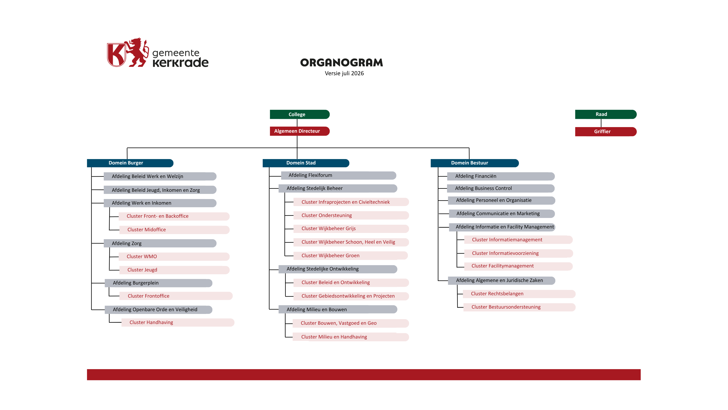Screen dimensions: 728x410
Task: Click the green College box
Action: click(x=300, y=114)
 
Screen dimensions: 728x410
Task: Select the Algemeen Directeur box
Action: click(x=300, y=131)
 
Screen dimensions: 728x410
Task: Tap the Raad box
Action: click(x=606, y=114)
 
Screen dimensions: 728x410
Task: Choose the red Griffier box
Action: click(x=606, y=132)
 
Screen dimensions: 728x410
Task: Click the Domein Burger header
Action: click(x=130, y=163)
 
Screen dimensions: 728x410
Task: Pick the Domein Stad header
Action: click(x=306, y=163)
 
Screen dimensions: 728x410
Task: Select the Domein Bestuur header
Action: click(x=475, y=163)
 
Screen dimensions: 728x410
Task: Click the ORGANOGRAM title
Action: click(x=341, y=63)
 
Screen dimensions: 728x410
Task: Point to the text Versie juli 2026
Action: click(x=344, y=73)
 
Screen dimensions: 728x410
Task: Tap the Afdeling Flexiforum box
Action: click(x=339, y=175)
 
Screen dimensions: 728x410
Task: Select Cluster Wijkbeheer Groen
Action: click(x=350, y=256)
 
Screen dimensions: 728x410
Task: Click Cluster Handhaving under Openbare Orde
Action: click(x=178, y=323)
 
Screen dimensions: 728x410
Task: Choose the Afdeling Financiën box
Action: click(x=501, y=176)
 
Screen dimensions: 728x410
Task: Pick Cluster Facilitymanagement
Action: click(x=518, y=266)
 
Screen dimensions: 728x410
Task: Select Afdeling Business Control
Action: click(x=501, y=189)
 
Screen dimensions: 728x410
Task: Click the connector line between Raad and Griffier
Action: click(x=601, y=123)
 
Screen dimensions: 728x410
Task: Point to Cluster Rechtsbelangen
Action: click(x=519, y=294)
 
